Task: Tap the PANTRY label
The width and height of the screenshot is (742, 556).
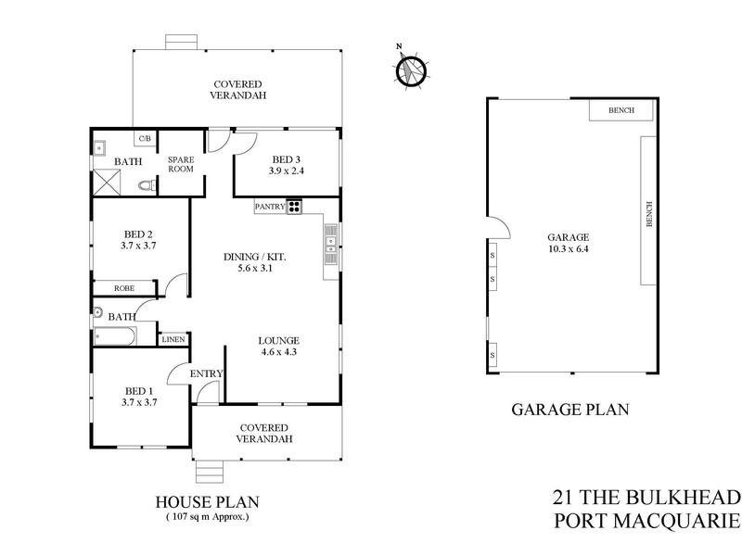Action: click(x=270, y=207)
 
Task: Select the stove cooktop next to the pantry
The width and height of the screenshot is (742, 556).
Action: click(x=295, y=207)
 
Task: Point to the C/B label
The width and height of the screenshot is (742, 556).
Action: click(x=145, y=139)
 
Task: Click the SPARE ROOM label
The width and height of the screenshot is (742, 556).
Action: click(x=179, y=164)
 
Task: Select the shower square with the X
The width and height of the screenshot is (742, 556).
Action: click(x=106, y=183)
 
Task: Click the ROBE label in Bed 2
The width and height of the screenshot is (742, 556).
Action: click(x=124, y=288)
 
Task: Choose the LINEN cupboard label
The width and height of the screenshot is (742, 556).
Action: click(x=174, y=339)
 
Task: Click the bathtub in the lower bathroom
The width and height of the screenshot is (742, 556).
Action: click(x=115, y=336)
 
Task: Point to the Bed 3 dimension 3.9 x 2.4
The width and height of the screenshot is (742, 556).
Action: click(x=287, y=171)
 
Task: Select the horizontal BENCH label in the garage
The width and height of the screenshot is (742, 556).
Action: click(x=621, y=110)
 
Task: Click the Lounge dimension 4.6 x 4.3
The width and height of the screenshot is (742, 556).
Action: click(x=278, y=352)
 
